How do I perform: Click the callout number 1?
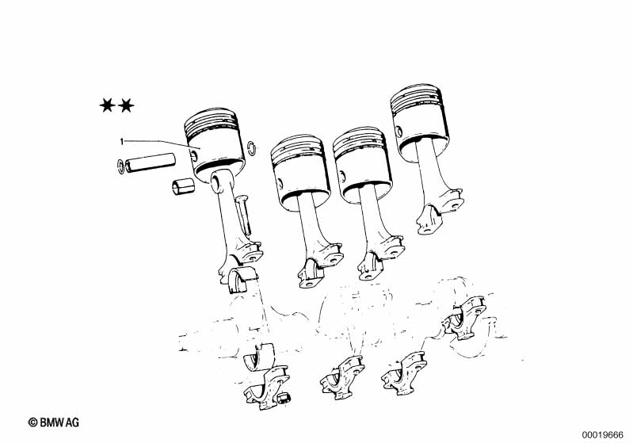[121, 141]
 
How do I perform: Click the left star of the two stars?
[108, 105]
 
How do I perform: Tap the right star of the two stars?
[126, 105]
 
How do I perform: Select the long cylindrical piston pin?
[151, 162]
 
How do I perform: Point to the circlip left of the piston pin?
[120, 166]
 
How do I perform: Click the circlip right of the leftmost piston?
[251, 148]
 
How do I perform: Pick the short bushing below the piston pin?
[183, 186]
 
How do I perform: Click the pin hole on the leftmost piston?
[194, 155]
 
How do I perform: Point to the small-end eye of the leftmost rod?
[218, 181]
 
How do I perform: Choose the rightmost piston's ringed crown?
[416, 100]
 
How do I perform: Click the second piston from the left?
[299, 173]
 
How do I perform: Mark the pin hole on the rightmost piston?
[398, 132]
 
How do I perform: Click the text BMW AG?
[59, 422]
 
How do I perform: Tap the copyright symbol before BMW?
[33, 422]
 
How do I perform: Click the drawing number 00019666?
[603, 435]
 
